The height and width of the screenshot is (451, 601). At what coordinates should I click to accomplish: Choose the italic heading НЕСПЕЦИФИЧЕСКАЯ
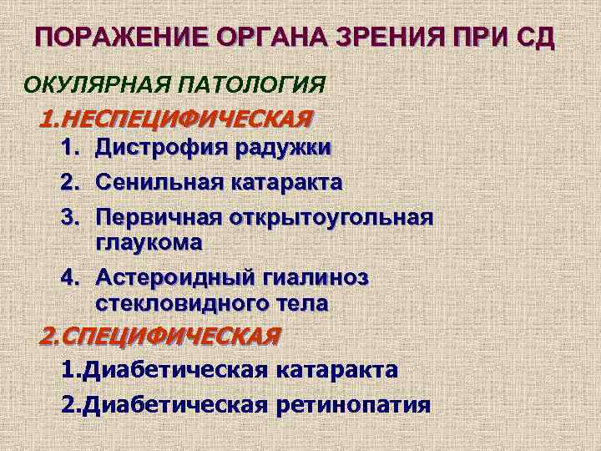pos(184,117)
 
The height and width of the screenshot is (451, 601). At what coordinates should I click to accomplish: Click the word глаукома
pos(149,243)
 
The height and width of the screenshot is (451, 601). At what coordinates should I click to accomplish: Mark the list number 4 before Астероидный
pos(68,276)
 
